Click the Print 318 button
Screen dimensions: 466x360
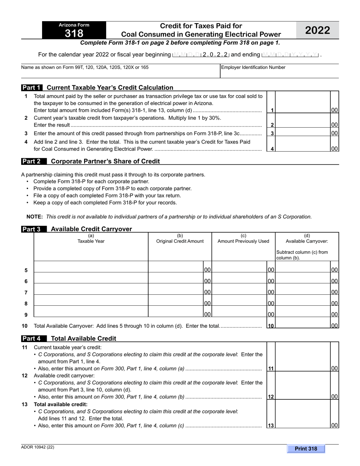[306, 449]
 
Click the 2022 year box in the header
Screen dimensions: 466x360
[318, 30]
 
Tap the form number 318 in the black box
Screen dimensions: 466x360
[74, 33]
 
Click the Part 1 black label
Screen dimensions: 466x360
[32, 88]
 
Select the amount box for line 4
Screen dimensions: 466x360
[303, 149]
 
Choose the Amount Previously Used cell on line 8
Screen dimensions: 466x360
[239, 303]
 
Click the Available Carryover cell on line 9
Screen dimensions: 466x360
[303, 314]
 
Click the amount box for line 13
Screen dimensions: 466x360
[303, 425]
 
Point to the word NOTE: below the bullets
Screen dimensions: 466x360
[35, 217]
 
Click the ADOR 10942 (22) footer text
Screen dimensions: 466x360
[38, 447]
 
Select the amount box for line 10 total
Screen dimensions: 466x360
[303, 325]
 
